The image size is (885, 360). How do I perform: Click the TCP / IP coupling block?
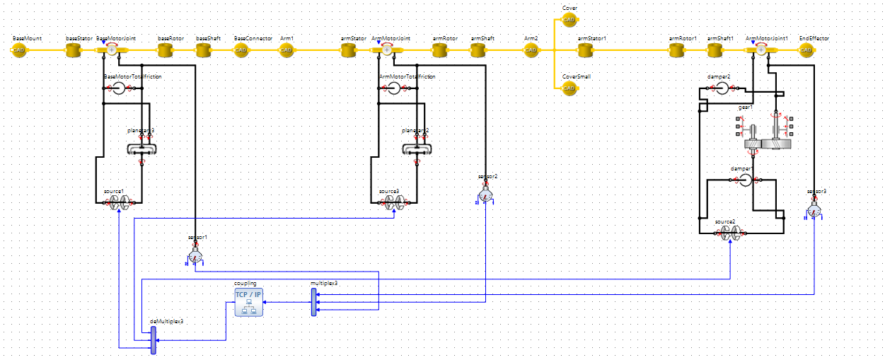click(248, 302)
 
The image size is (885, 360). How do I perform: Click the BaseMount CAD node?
click(19, 50)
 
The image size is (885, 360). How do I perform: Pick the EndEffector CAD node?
click(806, 50)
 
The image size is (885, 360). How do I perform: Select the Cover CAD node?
click(569, 20)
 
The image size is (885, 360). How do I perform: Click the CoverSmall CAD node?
click(569, 88)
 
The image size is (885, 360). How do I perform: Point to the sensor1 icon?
click(195, 256)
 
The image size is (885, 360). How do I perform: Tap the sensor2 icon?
click(485, 194)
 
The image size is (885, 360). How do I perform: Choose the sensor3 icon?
click(814, 210)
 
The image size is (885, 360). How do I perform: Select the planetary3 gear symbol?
click(141, 149)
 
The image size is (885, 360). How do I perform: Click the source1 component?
click(118, 204)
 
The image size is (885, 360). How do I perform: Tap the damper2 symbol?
click(722, 88)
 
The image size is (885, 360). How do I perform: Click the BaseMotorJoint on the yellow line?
click(111, 50)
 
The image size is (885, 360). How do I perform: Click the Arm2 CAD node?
click(530, 50)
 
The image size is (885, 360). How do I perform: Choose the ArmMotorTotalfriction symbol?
click(394, 88)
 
